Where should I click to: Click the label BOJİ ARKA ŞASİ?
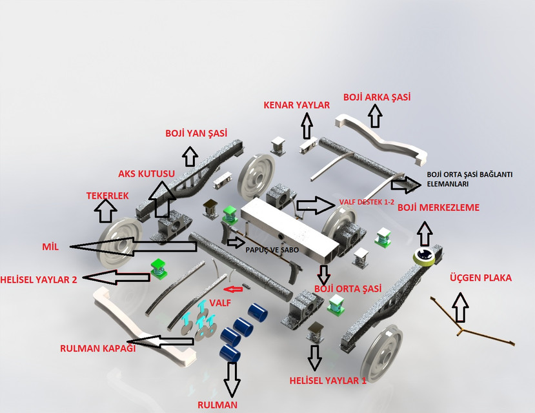377,97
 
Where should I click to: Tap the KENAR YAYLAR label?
296,105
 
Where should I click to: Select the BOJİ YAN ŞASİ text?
196,133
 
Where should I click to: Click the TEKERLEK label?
108,195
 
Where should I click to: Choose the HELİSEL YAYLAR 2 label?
39,279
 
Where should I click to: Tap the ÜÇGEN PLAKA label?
479,278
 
